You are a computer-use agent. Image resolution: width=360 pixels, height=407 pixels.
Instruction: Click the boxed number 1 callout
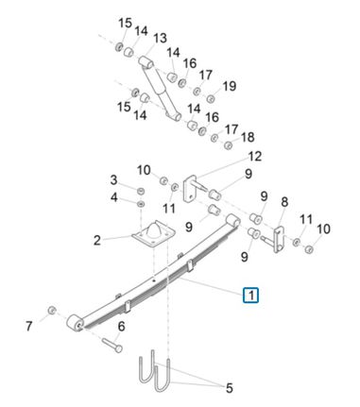[x=250, y=295]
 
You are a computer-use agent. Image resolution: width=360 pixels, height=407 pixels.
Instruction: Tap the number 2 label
[x=97, y=241]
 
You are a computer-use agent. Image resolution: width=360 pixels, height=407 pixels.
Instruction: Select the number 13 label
[x=160, y=39]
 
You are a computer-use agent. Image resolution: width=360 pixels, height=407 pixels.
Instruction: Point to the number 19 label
[x=230, y=86]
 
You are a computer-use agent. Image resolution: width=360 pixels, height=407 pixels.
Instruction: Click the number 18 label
[x=249, y=137]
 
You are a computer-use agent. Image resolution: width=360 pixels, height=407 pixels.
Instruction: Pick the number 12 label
[x=255, y=156]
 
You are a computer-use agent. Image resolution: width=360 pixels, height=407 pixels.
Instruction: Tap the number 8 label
[x=284, y=202]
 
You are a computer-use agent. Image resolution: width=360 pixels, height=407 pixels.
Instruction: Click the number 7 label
[x=29, y=326]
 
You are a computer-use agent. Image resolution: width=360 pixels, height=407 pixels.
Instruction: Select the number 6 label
[x=121, y=327]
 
